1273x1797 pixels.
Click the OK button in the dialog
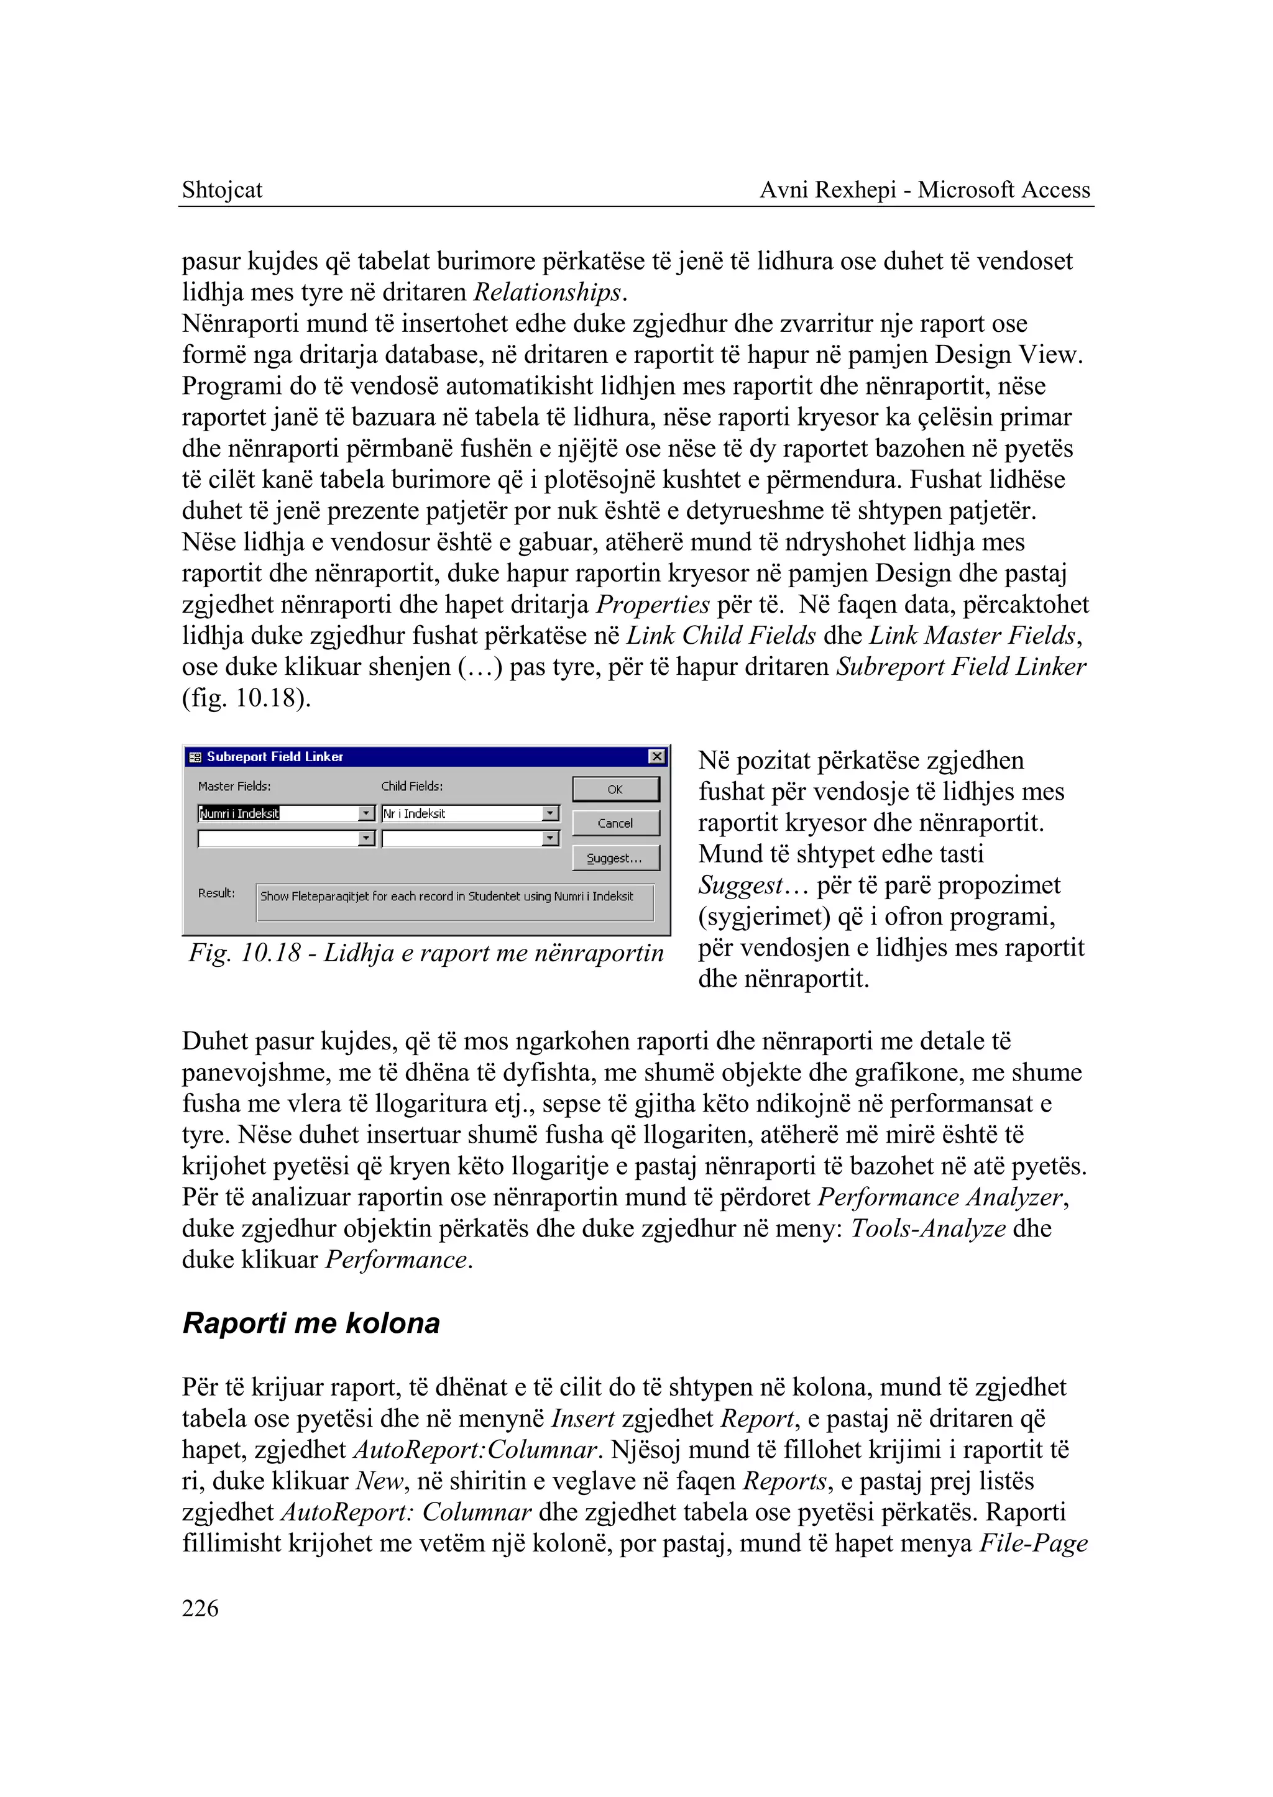point(615,789)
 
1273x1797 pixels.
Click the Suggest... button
point(615,858)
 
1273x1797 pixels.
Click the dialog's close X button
point(657,756)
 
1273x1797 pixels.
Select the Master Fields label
point(234,786)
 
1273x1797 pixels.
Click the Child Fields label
point(411,786)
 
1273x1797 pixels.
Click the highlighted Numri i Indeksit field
point(239,813)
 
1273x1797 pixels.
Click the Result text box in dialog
point(454,901)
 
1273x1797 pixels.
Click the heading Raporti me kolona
point(311,1324)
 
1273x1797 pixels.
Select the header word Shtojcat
point(222,190)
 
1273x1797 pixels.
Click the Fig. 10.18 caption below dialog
point(426,953)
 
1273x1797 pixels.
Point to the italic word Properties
point(652,604)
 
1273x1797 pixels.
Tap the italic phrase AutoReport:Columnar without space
point(476,1450)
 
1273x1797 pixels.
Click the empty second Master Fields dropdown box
point(278,839)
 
